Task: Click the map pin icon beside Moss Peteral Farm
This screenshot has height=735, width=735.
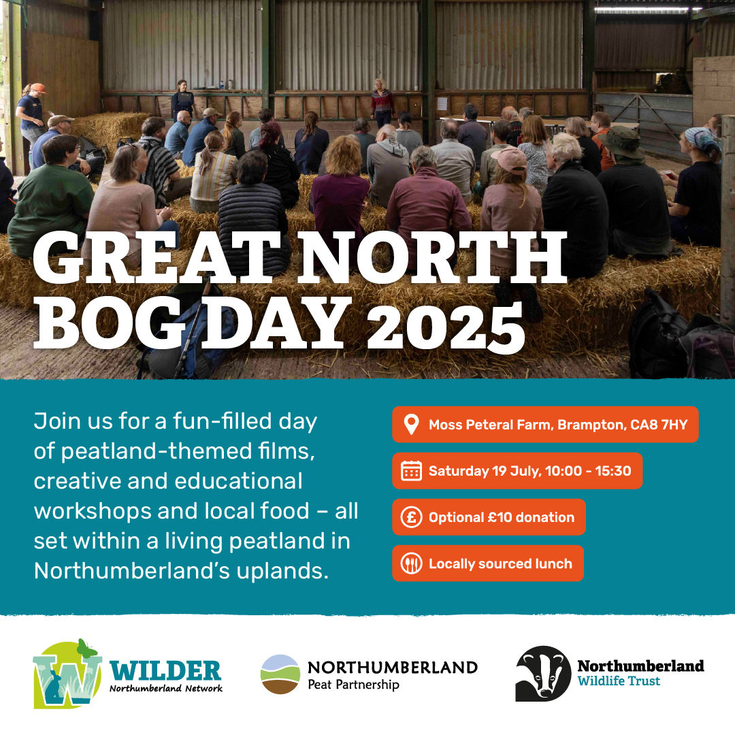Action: tap(411, 425)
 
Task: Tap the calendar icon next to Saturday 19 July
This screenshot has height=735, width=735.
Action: tap(411, 471)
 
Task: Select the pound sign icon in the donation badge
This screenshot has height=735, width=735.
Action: tap(411, 517)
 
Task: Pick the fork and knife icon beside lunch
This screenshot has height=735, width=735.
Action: tap(411, 563)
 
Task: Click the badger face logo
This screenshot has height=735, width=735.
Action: tap(542, 673)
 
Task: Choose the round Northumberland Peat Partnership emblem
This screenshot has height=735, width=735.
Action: tap(280, 674)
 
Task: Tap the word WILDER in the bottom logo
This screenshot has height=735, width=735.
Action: tap(165, 670)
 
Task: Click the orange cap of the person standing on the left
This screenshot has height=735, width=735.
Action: tap(38, 88)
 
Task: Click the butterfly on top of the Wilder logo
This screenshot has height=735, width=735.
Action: tap(84, 647)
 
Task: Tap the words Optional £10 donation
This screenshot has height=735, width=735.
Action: tap(501, 517)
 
